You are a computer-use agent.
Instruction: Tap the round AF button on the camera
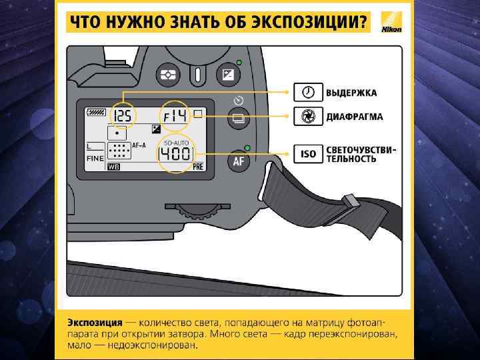click(239, 161)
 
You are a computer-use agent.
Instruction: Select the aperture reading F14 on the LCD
click(175, 117)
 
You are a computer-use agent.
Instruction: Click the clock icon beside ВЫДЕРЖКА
click(307, 92)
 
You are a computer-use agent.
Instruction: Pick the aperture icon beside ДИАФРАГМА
click(307, 117)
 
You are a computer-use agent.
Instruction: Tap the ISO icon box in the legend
click(307, 154)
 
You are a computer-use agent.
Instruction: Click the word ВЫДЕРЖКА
click(351, 92)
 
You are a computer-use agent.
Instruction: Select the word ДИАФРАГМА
click(354, 117)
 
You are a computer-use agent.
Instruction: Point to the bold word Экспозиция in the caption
click(94, 321)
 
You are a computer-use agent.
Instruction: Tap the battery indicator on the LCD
click(96, 113)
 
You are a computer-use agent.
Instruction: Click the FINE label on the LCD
click(95, 159)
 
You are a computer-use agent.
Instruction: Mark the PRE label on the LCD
click(197, 168)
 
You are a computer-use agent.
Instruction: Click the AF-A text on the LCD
click(139, 145)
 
